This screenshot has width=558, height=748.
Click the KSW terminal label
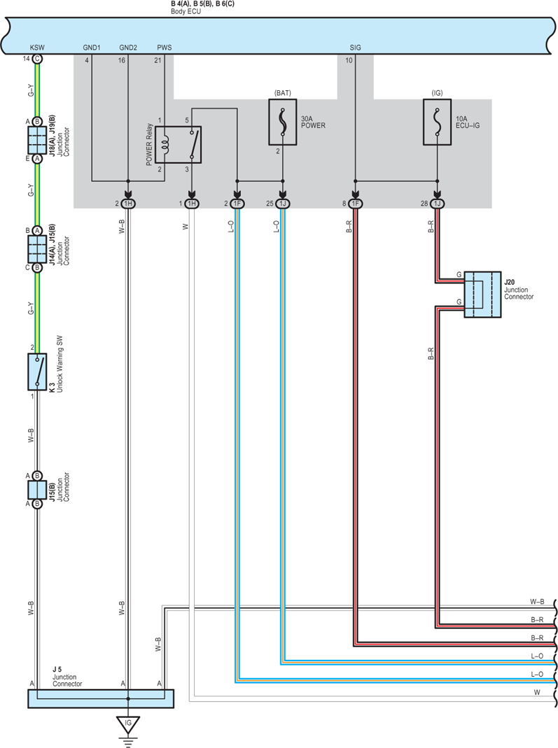click(37, 48)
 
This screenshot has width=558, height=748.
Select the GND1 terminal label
click(92, 48)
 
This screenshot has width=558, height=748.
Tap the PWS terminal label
click(165, 48)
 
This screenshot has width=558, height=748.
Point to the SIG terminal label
click(355, 48)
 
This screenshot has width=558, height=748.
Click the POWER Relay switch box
click(179, 145)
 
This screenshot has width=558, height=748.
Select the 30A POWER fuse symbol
click(283, 122)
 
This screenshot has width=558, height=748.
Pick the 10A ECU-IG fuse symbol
click(438, 122)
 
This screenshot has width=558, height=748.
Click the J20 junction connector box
click(482, 295)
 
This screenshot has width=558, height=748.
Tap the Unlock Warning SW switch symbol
click(37, 372)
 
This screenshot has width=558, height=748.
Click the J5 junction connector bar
click(101, 698)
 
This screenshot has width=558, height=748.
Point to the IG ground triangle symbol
click(128, 725)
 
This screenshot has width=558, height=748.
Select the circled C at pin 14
click(37, 59)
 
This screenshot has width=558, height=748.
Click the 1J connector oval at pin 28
click(438, 204)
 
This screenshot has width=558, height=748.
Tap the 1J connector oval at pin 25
click(283, 204)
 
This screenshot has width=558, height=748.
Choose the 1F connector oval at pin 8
click(355, 204)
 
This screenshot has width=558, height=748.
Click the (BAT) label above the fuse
click(283, 93)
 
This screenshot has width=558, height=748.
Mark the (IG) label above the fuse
click(438, 93)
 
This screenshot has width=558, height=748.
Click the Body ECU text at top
click(186, 11)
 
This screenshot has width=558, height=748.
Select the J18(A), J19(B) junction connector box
click(37, 140)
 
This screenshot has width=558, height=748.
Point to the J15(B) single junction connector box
click(37, 489)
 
